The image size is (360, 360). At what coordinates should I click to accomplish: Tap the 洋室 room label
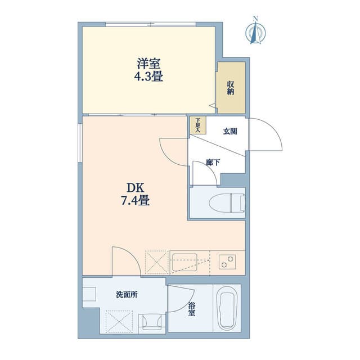click(x=148, y=64)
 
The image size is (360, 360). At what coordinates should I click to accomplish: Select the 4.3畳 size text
click(x=148, y=76)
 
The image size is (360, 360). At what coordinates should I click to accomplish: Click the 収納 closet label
click(x=231, y=88)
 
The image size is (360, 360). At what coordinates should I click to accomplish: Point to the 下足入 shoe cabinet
click(x=197, y=125)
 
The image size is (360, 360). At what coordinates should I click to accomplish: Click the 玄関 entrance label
click(x=230, y=132)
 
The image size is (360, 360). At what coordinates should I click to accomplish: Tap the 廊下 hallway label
click(x=213, y=163)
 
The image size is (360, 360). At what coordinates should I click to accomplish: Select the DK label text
click(x=136, y=188)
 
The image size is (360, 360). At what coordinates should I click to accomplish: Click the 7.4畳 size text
click(x=136, y=200)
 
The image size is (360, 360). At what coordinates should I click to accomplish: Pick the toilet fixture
click(x=227, y=203)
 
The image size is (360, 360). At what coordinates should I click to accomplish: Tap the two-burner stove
click(x=227, y=262)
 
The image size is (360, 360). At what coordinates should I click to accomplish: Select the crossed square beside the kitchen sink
click(x=156, y=263)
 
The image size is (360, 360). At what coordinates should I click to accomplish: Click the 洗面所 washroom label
click(x=127, y=295)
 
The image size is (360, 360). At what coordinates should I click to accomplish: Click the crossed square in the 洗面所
click(x=119, y=321)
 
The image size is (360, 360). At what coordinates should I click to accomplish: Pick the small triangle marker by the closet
click(x=213, y=105)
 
